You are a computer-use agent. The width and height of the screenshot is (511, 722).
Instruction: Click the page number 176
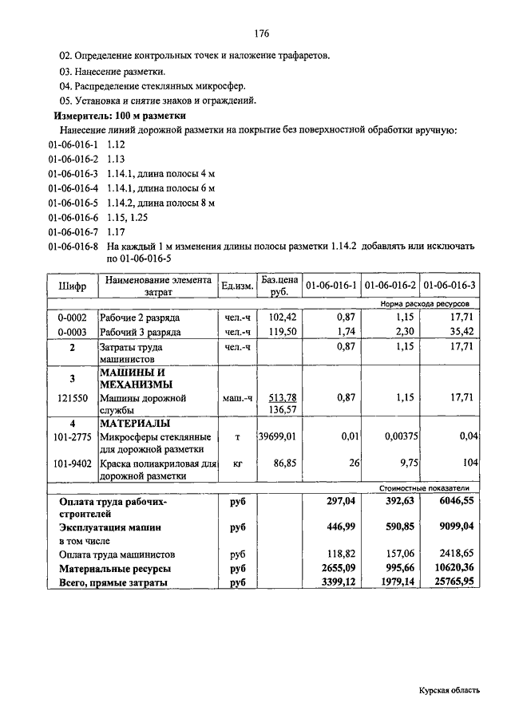pyautogui.click(x=261, y=34)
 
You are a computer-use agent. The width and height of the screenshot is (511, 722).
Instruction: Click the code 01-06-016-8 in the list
pyautogui.click(x=73, y=247)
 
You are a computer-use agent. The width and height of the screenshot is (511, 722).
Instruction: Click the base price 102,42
pyautogui.click(x=280, y=318)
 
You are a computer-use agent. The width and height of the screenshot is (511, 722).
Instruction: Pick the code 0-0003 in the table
pyautogui.click(x=72, y=332)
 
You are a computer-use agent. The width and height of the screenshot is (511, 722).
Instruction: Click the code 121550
pyautogui.click(x=72, y=397)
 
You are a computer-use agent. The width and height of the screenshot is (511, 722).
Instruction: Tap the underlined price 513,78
pyautogui.click(x=282, y=397)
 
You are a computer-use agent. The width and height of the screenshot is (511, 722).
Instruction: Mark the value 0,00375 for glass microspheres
pyautogui.click(x=393, y=437)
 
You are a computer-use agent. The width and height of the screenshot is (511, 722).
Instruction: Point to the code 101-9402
pyautogui.click(x=72, y=463)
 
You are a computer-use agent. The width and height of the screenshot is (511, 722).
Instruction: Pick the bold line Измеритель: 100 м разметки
pyautogui.click(x=119, y=116)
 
